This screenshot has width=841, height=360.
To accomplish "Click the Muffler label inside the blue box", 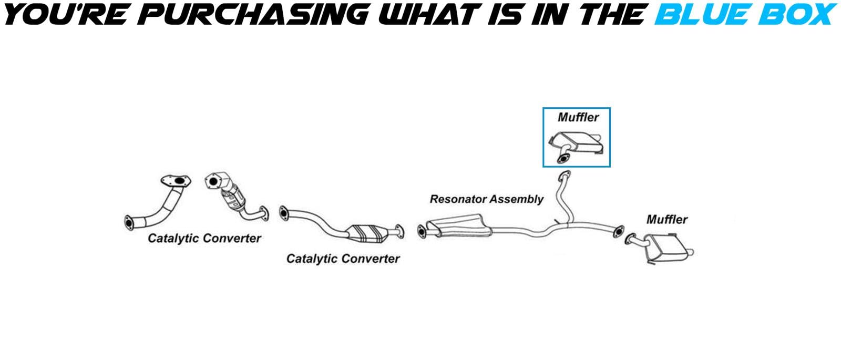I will click(x=578, y=117).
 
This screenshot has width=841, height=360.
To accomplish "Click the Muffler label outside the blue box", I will click(x=666, y=219).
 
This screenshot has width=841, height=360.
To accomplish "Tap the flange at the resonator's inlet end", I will click(x=421, y=231).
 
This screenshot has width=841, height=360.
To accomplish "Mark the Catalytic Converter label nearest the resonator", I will click(x=343, y=259).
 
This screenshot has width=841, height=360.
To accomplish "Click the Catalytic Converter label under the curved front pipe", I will click(x=204, y=238).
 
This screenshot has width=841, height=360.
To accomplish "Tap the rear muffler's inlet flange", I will click(x=630, y=239).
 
